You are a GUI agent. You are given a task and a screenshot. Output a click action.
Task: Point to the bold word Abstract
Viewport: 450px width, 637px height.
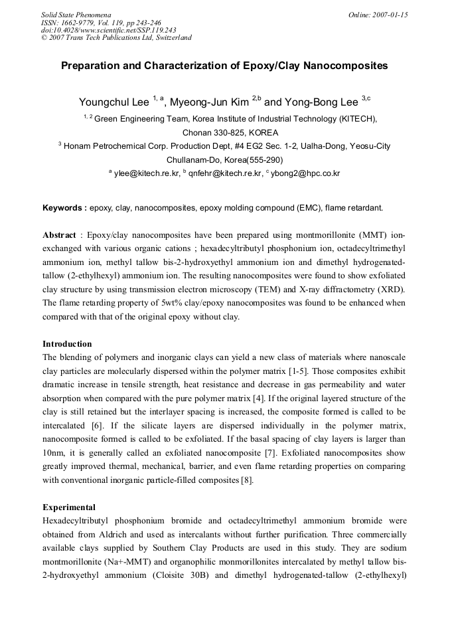60,235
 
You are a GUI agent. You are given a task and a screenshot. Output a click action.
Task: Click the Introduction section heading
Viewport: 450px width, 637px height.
67,344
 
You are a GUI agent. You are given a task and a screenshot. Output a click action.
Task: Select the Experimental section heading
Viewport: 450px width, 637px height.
69,507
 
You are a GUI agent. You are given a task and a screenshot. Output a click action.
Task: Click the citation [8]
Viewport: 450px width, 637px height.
244,480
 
